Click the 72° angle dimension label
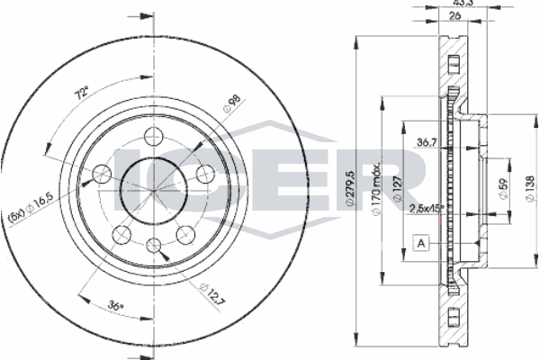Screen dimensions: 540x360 click(x=83, y=94)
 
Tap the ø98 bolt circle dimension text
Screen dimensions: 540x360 click(x=232, y=103)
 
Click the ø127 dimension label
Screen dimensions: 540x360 click(x=397, y=188)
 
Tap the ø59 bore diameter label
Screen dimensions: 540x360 click(x=503, y=188)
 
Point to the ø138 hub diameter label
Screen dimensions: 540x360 click(x=531, y=188)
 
